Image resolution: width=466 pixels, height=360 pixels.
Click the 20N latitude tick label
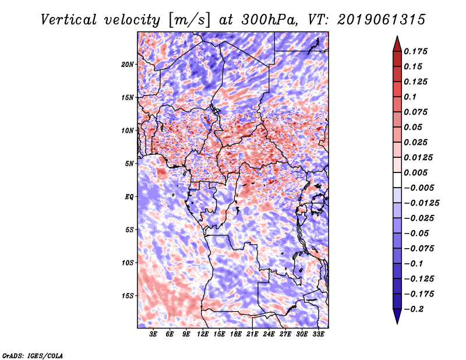(x=128, y=64)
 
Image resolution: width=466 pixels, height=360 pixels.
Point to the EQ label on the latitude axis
(x=129, y=196)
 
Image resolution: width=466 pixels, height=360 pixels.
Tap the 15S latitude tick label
(x=128, y=295)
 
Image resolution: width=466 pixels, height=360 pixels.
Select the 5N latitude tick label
(x=130, y=163)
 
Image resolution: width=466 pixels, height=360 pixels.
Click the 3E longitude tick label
(x=154, y=334)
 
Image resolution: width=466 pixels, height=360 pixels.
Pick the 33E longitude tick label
(x=318, y=334)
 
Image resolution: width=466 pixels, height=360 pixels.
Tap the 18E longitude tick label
(x=236, y=334)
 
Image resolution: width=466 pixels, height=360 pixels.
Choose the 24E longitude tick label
(x=269, y=334)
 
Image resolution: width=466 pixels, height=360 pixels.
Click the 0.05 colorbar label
(x=414, y=127)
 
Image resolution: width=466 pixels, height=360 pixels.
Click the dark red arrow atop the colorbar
(x=396, y=42)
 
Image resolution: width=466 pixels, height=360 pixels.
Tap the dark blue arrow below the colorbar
(x=396, y=317)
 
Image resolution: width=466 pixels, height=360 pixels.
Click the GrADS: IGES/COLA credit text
(x=32, y=355)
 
